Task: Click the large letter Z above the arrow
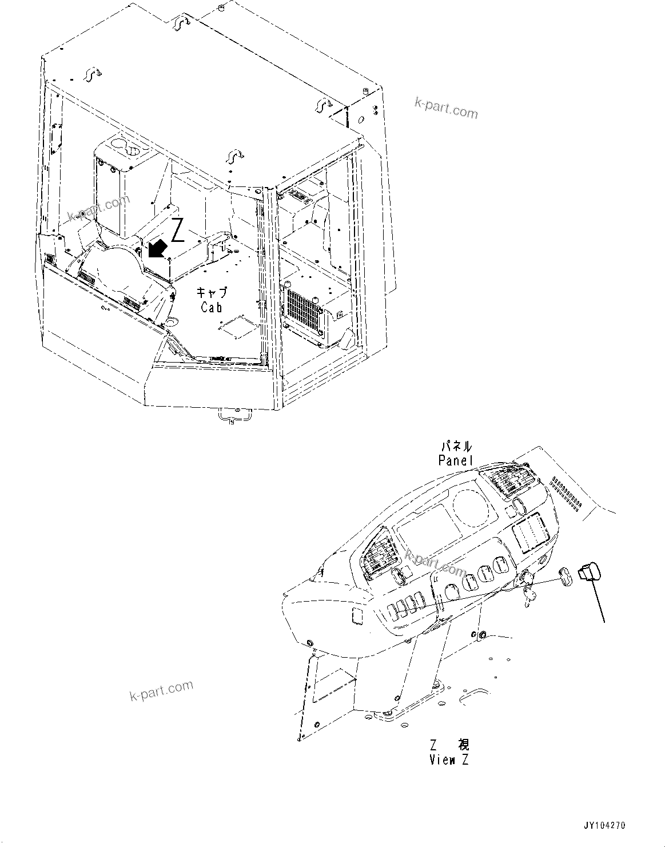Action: point(178,230)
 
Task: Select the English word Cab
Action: point(212,307)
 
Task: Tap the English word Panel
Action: point(456,460)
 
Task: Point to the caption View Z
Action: point(450,760)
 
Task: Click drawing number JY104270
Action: point(604,826)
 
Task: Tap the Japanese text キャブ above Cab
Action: point(212,292)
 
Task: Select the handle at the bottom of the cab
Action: point(230,418)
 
